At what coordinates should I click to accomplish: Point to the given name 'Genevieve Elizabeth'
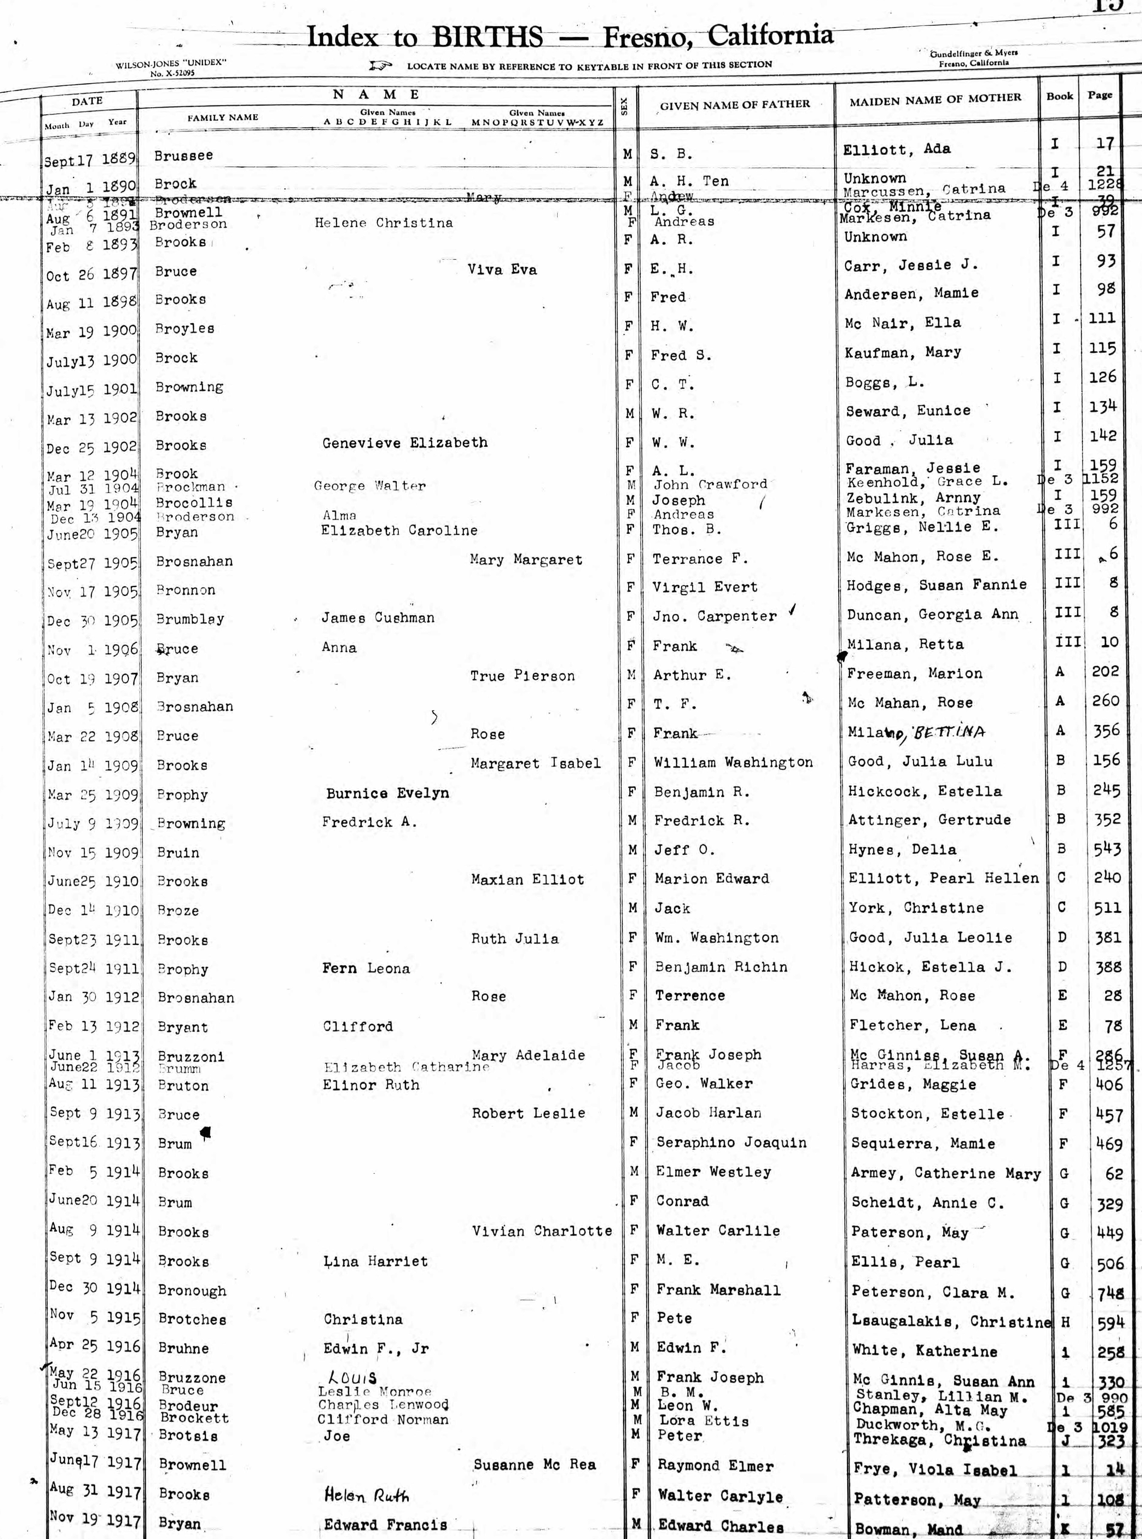coord(405,443)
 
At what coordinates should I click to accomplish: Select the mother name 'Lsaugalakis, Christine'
coord(951,1321)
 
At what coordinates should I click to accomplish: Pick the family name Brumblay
coord(190,619)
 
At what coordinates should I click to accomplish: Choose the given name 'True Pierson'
coord(522,676)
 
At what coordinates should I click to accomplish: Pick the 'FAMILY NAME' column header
coord(222,117)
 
